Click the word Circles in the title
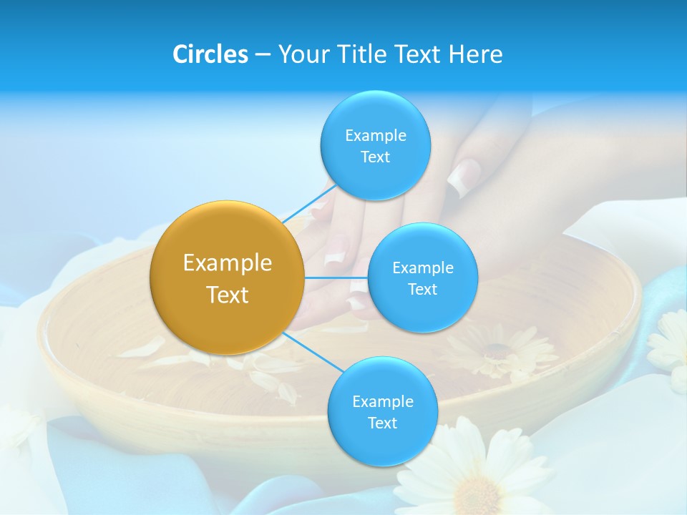(210, 54)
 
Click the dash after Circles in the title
(262, 55)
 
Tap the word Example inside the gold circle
(227, 263)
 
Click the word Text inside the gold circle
(227, 295)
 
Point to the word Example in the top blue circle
(375, 135)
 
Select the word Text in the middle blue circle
(422, 290)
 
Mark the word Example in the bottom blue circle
(382, 401)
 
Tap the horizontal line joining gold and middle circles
(336, 278)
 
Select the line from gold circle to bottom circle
(313, 351)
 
